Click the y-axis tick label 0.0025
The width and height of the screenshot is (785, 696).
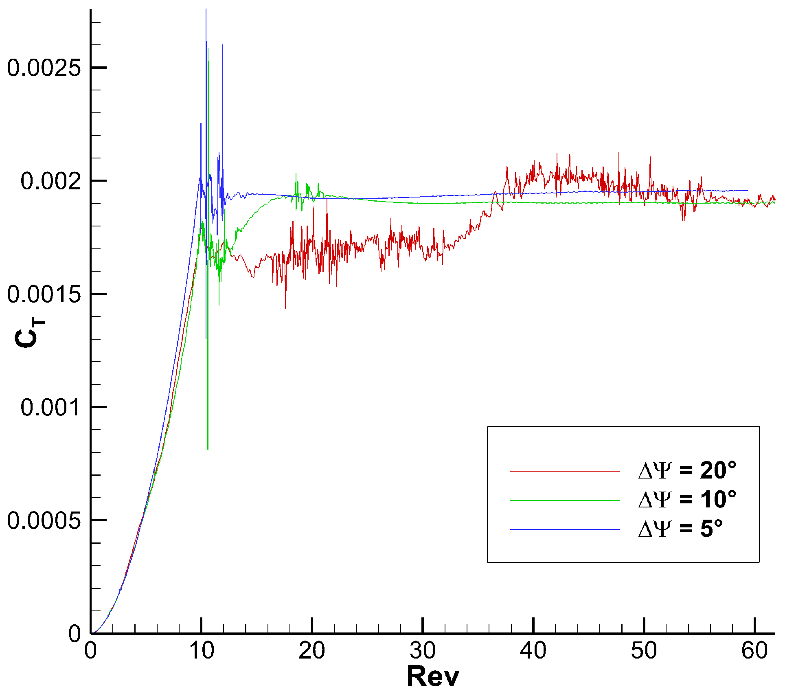pyautogui.click(x=44, y=68)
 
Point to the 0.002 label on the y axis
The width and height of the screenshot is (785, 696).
pyautogui.click(x=50, y=181)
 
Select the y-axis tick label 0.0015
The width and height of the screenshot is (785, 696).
pyautogui.click(x=44, y=294)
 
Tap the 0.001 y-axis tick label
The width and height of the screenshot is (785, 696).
pyautogui.click(x=50, y=407)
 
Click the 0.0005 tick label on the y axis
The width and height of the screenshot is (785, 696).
pyautogui.click(x=44, y=520)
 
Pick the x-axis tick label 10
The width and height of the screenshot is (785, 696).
pyautogui.click(x=202, y=651)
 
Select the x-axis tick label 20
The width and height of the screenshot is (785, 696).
pyautogui.click(x=312, y=651)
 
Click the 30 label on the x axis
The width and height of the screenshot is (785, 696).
pyautogui.click(x=423, y=651)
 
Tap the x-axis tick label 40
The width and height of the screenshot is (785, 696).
pyautogui.click(x=533, y=651)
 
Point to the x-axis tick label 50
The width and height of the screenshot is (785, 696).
pyautogui.click(x=644, y=651)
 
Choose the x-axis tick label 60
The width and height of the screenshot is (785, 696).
pyautogui.click(x=754, y=651)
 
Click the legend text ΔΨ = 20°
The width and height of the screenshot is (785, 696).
pyautogui.click(x=687, y=470)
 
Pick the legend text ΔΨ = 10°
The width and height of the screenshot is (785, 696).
pyautogui.click(x=687, y=499)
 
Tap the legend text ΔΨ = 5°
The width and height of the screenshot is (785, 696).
pyautogui.click(x=680, y=529)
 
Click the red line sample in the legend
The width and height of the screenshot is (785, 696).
pyautogui.click(x=565, y=471)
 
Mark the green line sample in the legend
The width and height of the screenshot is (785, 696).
pyautogui.click(x=565, y=500)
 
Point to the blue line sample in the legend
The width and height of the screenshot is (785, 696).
pyautogui.click(x=565, y=529)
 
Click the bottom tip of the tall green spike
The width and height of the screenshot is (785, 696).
pyautogui.click(x=208, y=449)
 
